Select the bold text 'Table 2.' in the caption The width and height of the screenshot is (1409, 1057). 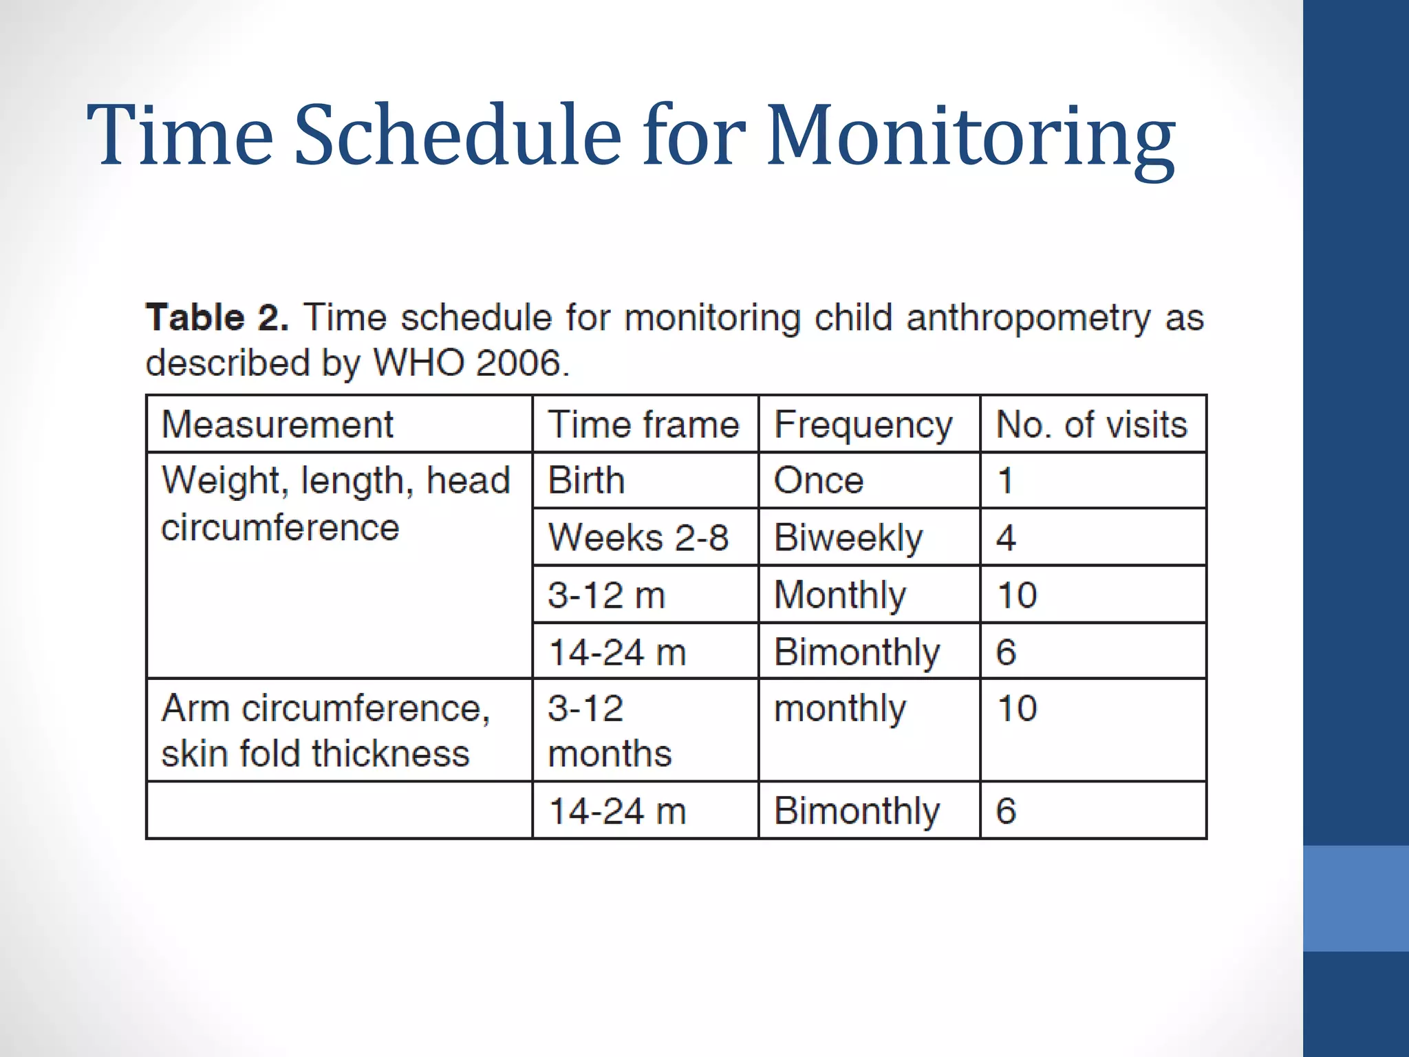[217, 318]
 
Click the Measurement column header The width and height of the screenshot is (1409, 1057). [277, 424]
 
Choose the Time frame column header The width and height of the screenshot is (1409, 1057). [643, 424]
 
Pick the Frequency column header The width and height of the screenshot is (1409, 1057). [863, 424]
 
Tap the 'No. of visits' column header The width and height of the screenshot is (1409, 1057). [1092, 424]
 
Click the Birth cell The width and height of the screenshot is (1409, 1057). [586, 480]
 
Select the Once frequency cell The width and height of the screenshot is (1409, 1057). [819, 480]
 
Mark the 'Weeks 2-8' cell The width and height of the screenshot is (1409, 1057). [638, 537]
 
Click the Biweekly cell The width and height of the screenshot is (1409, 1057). [848, 537]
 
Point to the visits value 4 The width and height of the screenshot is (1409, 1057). [1006, 537]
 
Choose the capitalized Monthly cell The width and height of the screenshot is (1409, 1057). [840, 595]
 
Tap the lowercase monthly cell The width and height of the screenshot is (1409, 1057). [840, 709]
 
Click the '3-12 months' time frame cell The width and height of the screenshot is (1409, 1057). [609, 730]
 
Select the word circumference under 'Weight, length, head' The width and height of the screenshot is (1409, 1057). [280, 528]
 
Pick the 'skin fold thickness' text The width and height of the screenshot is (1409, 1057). [315, 753]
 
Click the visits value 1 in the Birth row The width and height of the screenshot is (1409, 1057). [1005, 480]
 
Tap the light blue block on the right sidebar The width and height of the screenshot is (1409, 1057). [1355, 898]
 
